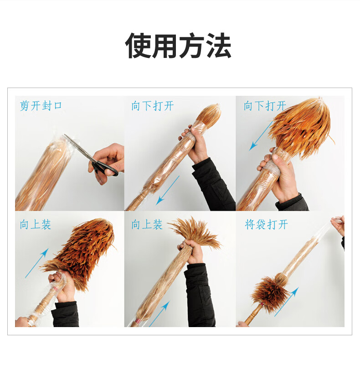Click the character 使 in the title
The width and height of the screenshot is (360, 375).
click(x=139, y=46)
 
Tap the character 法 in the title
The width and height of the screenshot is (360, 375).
click(x=218, y=46)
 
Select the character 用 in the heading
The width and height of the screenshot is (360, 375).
click(x=165, y=46)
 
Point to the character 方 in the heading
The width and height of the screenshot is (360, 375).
click(x=191, y=46)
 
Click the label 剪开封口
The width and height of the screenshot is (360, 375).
click(x=41, y=105)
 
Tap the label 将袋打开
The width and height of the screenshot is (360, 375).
click(x=266, y=224)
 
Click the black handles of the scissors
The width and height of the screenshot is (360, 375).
click(x=104, y=167)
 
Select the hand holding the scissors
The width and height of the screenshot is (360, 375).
click(x=107, y=162)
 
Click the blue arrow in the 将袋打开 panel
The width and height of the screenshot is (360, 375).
click(x=287, y=302)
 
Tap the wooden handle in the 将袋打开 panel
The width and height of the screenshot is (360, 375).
click(x=253, y=314)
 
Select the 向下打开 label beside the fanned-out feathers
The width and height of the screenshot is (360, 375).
click(x=265, y=105)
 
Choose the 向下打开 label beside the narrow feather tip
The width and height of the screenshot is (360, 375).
click(x=152, y=105)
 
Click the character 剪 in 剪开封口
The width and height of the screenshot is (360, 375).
click(x=25, y=105)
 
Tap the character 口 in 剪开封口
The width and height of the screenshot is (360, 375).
click(x=58, y=105)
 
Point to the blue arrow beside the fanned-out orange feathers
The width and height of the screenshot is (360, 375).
click(x=261, y=135)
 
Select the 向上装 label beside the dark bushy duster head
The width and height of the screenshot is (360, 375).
click(x=36, y=224)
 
